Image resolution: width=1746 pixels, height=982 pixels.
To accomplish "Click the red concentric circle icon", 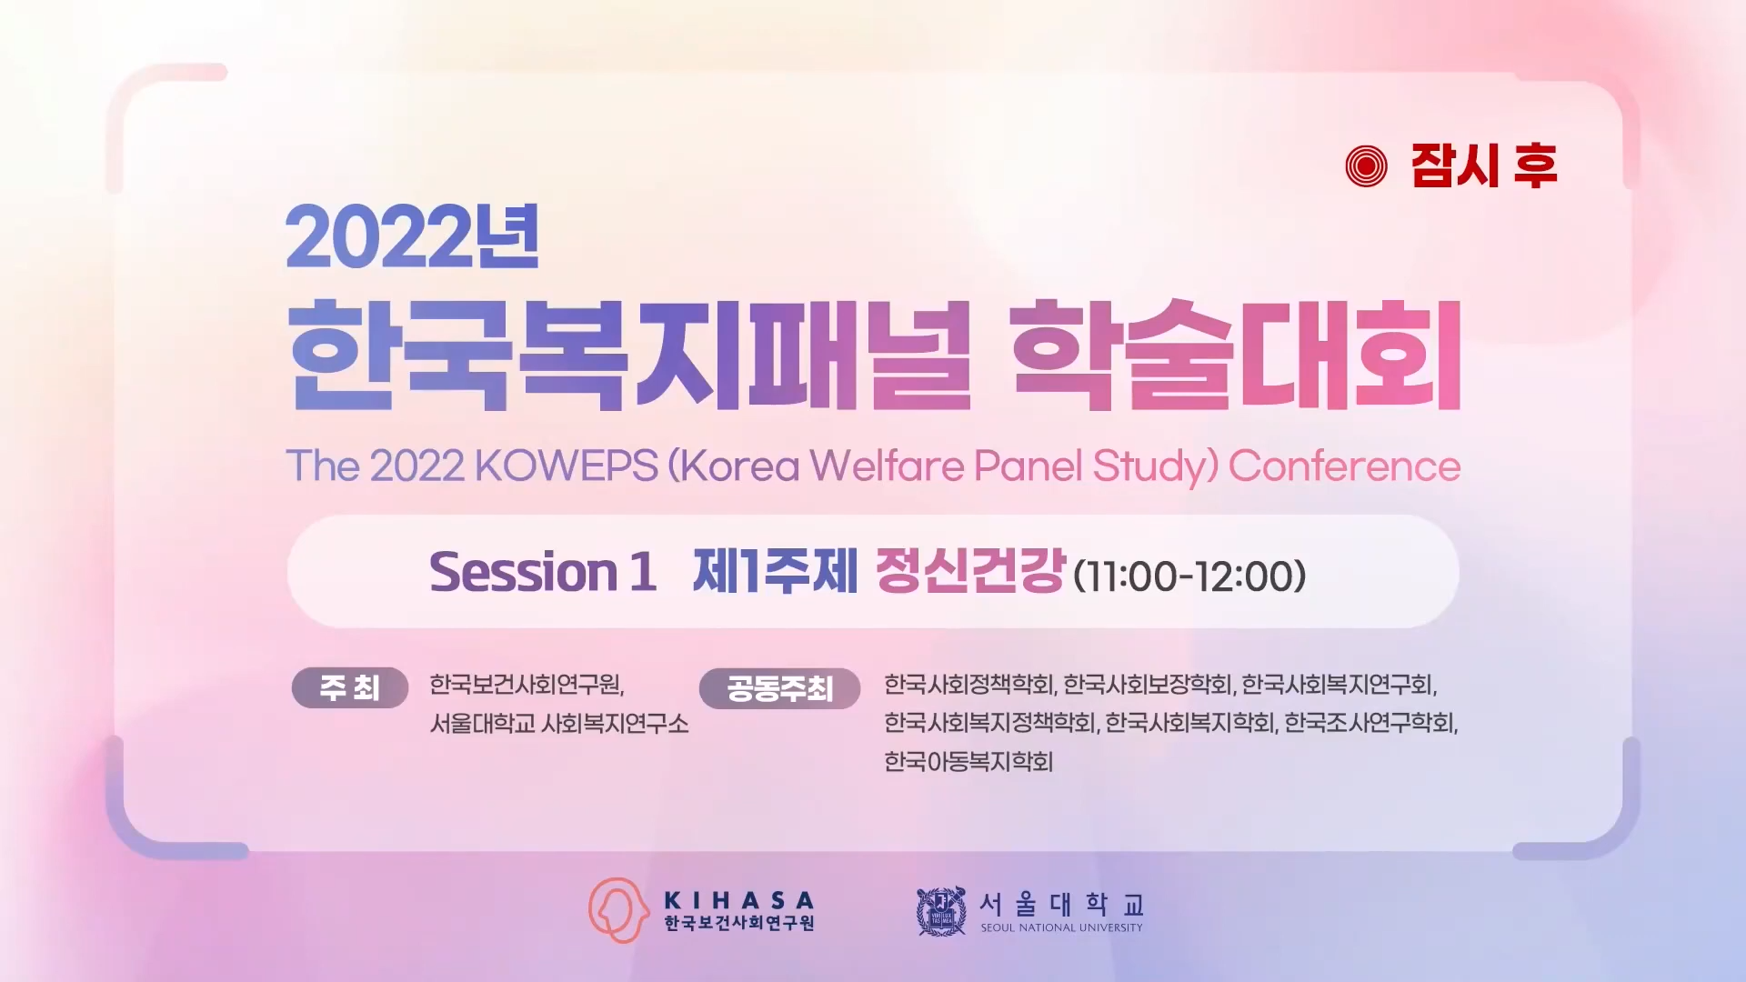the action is pos(1366,166).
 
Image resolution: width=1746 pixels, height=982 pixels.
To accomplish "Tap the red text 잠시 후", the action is pos(1484,166).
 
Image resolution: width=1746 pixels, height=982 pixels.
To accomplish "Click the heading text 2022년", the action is pos(413,236).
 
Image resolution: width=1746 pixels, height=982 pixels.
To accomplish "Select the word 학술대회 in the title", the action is pos(1236,355).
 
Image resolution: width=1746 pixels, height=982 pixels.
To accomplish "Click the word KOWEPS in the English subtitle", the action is pos(566,466).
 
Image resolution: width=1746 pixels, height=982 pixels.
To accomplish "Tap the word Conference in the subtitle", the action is pos(1344,466).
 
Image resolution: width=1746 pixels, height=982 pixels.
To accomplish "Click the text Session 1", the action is pos(543,572).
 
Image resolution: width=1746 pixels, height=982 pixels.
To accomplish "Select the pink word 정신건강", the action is pos(970,571).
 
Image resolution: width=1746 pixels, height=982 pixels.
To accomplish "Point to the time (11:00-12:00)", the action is pos(1189,576).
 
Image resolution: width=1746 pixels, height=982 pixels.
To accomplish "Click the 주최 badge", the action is pos(350,687).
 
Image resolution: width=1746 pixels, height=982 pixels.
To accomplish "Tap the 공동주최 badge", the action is pos(779,688).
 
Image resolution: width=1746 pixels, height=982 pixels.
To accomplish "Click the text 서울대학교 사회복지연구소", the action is pos(559,724).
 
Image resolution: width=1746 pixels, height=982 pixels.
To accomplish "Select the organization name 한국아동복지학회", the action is pos(968,761).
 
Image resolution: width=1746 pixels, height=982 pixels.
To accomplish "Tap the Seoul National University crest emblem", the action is pos(941,911).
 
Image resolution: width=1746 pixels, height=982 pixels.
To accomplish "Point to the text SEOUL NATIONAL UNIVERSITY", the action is pos(1061,927).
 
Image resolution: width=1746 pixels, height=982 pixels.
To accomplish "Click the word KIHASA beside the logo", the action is pos(739,900).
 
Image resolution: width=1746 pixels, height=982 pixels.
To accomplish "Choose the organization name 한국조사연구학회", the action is pos(1370,723).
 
